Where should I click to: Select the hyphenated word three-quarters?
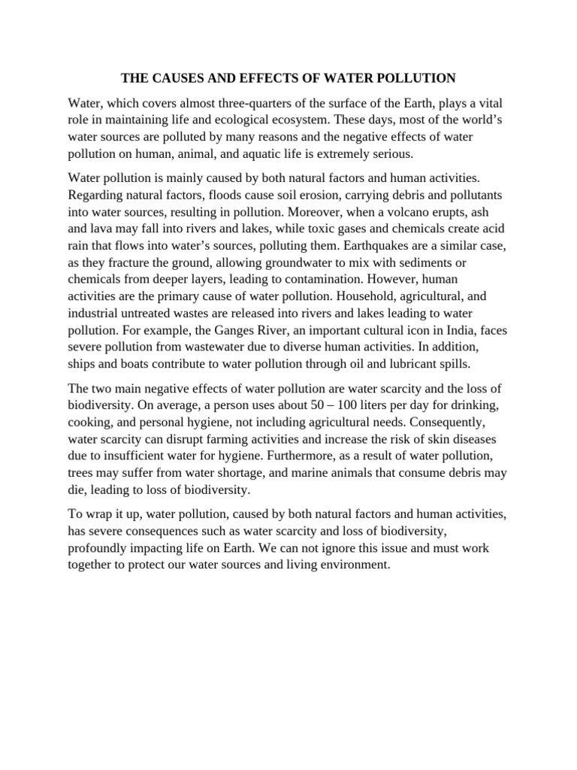(236, 102)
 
